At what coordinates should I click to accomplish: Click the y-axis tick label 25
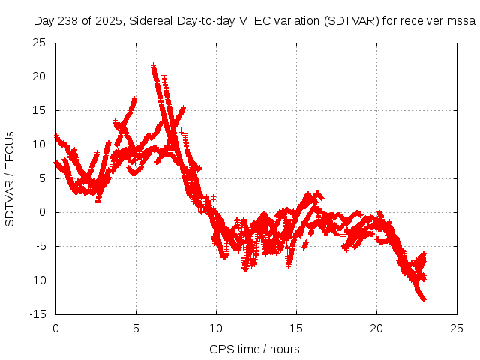(x=39, y=43)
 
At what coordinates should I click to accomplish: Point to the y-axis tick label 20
(x=39, y=76)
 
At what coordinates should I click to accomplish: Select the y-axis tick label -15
(x=37, y=314)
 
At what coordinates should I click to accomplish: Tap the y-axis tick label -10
(x=37, y=280)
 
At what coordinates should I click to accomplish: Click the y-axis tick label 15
(x=39, y=110)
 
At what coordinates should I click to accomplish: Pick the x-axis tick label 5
(x=136, y=328)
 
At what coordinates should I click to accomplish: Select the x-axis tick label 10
(x=216, y=328)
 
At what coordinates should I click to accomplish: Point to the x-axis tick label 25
(x=457, y=328)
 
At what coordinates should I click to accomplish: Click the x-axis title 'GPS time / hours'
(x=254, y=349)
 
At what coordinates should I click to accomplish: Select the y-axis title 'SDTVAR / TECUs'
(x=10, y=178)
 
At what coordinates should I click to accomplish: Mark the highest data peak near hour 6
(x=153, y=66)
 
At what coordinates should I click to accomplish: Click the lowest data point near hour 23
(x=424, y=299)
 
